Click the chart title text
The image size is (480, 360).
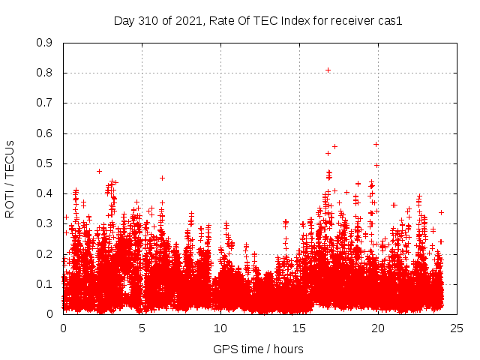point(258,21)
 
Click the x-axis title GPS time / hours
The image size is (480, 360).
point(258,349)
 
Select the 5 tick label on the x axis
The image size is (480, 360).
point(142,328)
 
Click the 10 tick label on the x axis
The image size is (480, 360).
point(220,328)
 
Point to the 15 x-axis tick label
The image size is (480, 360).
point(299,328)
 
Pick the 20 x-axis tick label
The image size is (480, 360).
point(378,328)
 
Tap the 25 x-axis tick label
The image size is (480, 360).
point(457,328)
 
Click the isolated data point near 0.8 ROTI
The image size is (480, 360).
point(328,70)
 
